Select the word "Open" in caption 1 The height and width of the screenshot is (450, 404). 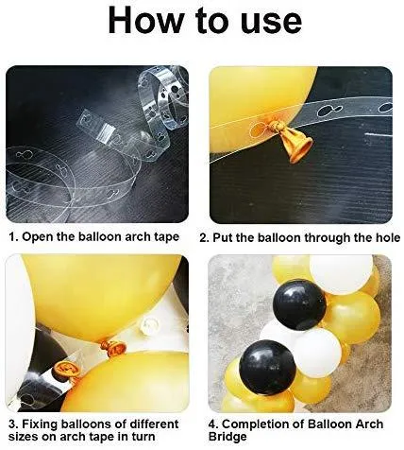(39, 237)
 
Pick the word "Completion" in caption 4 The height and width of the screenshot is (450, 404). (259, 424)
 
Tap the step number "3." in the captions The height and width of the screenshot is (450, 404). (13, 424)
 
